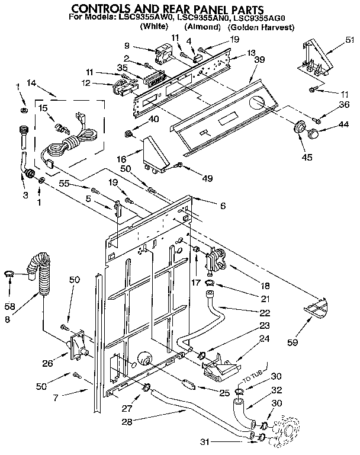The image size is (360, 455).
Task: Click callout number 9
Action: click(x=127, y=46)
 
